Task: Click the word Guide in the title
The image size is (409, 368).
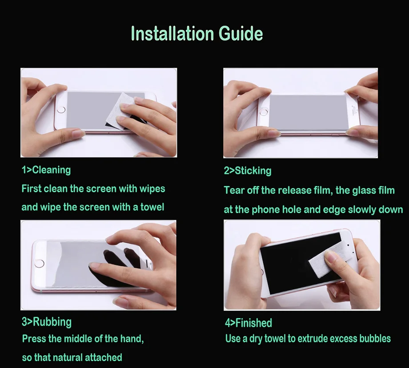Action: pos(241,34)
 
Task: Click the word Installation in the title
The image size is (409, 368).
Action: pos(172,33)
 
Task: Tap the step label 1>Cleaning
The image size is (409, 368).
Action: pos(46,170)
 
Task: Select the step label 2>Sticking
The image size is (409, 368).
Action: pos(248,171)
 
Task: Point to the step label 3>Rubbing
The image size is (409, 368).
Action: pos(47,322)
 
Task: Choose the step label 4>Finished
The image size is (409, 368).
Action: pos(249,323)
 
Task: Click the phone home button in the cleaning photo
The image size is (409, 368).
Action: pos(61,109)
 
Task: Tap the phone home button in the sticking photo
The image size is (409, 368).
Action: pos(264,112)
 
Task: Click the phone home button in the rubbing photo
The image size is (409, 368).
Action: pos(40,263)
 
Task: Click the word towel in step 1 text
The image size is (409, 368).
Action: pos(152,207)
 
